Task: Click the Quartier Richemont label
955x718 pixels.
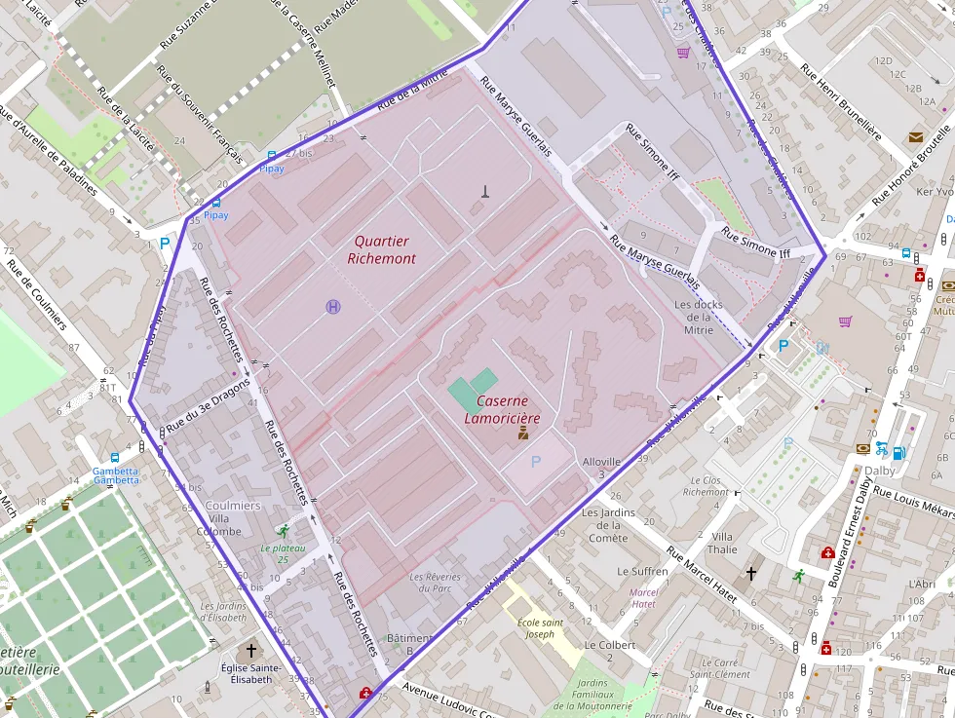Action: [382, 249]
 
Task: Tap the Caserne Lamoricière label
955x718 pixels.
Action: [503, 409]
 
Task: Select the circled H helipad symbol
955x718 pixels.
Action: [333, 307]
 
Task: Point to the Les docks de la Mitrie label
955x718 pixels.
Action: [699, 316]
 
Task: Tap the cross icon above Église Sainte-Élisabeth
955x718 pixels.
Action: [251, 650]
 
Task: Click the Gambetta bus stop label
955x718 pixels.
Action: [116, 474]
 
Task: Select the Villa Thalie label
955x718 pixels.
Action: [723, 543]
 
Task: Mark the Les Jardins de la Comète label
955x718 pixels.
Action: [608, 525]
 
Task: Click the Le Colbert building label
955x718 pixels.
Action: [609, 651]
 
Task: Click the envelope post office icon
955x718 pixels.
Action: [915, 137]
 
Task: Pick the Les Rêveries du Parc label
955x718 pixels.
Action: [435, 583]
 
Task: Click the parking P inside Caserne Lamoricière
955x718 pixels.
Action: [534, 460]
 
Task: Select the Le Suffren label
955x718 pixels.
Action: [642, 571]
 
